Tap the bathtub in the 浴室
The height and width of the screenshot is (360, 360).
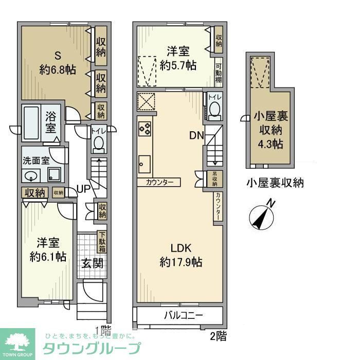(x=34, y=123)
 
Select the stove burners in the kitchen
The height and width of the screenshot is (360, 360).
(x=145, y=128)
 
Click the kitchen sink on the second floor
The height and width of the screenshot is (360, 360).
(x=143, y=165)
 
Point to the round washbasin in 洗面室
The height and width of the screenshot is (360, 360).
(x=32, y=175)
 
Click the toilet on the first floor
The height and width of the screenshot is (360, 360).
(x=98, y=143)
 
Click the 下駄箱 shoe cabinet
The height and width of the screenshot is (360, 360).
(x=102, y=241)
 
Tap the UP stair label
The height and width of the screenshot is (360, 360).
(x=84, y=189)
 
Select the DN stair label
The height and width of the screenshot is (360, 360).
(x=196, y=136)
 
